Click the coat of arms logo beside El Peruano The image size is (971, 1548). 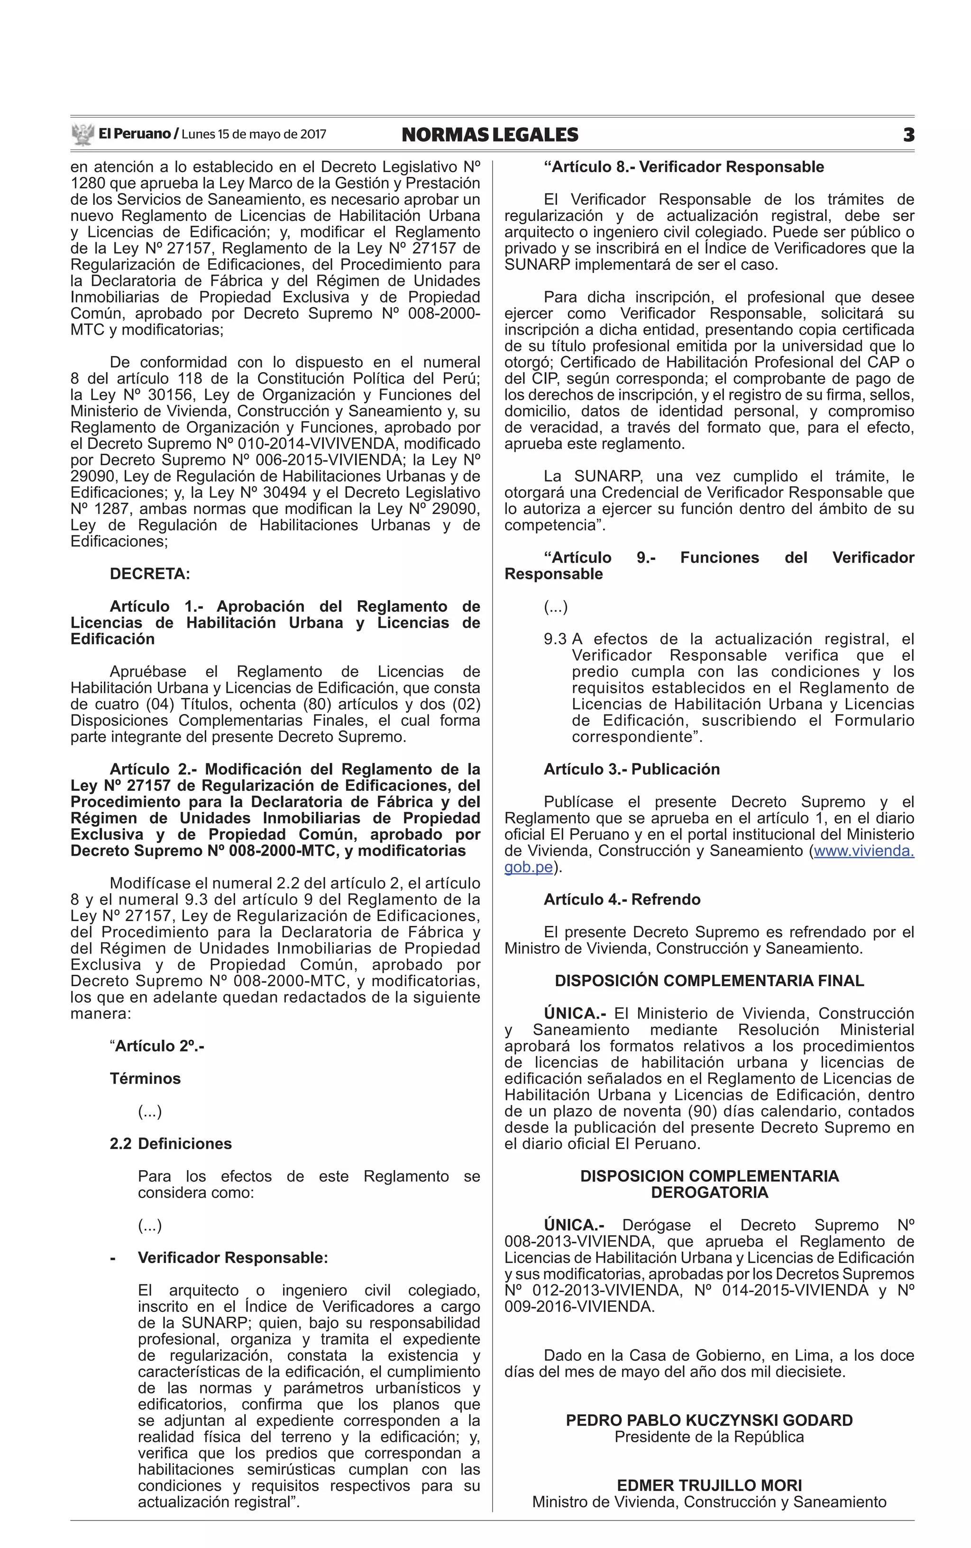click(x=83, y=134)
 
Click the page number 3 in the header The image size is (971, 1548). click(x=908, y=135)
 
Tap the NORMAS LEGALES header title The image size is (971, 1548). click(x=489, y=135)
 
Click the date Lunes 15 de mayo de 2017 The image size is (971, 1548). click(x=254, y=135)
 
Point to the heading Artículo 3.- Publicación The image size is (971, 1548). click(x=631, y=769)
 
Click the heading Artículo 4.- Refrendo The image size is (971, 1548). click(x=622, y=899)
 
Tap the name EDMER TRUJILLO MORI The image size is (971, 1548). click(x=709, y=1485)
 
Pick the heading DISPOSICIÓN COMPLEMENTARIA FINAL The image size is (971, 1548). click(x=709, y=981)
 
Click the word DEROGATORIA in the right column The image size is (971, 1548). click(x=709, y=1192)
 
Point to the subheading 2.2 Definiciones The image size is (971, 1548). click(x=171, y=1144)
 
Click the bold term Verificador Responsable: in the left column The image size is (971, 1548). click(x=232, y=1258)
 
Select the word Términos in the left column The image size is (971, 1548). click(x=145, y=1079)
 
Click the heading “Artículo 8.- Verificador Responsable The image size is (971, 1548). click(x=683, y=167)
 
